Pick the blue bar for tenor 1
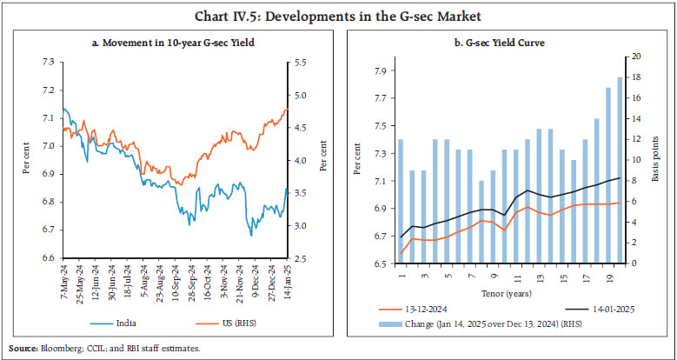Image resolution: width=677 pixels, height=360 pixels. pyautogui.click(x=401, y=201)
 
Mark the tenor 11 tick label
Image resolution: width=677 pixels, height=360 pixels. pyautogui.click(x=515, y=275)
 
